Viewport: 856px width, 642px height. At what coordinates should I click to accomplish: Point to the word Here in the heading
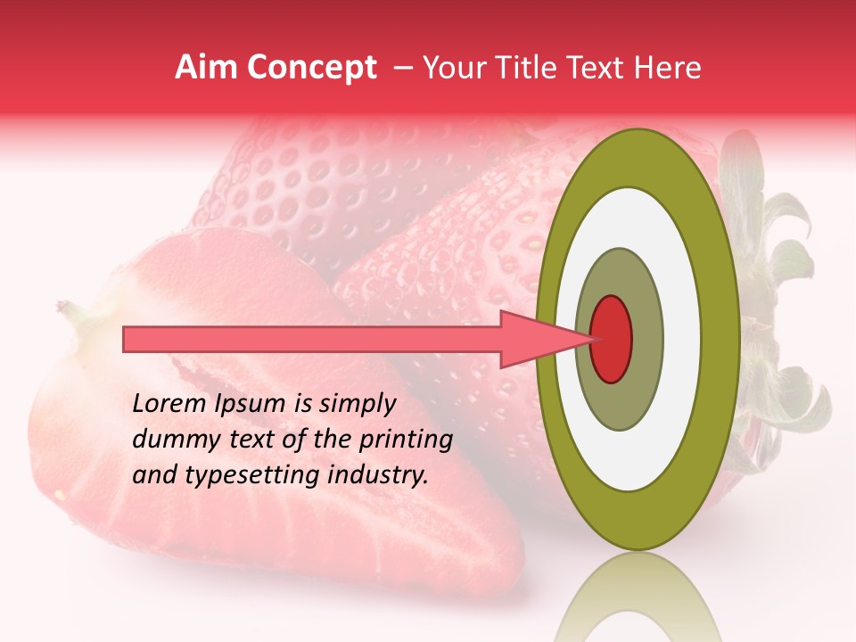668,68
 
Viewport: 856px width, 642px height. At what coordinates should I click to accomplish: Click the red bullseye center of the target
612,339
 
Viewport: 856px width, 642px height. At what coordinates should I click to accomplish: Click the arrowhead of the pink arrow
535,339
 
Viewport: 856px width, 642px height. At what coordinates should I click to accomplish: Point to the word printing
407,440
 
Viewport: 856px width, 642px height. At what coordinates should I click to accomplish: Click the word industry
378,474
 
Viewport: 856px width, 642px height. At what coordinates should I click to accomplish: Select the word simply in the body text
356,405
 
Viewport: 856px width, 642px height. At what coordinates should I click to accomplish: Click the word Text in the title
599,68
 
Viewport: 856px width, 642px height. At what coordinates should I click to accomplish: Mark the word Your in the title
451,68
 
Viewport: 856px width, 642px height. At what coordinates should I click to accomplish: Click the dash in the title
402,68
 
